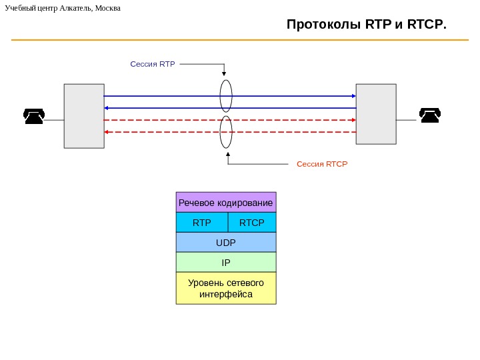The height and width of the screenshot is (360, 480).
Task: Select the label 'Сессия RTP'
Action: tap(152, 65)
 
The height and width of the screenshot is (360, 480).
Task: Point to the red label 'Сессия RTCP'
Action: tap(322, 163)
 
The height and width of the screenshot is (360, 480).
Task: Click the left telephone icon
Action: tap(34, 116)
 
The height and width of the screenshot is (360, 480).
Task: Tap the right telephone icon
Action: tap(429, 116)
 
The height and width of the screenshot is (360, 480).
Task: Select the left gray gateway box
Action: tap(84, 115)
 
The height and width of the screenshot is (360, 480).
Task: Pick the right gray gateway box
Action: tap(376, 113)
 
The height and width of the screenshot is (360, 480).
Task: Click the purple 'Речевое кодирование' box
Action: tap(226, 203)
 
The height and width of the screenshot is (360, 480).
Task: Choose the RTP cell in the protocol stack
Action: tap(201, 222)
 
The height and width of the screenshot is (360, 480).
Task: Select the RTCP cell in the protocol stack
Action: tap(251, 222)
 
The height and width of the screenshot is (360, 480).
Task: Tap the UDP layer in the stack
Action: tap(226, 242)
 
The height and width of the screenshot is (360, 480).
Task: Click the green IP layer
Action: tap(226, 262)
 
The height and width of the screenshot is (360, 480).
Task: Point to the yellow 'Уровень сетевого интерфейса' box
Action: tap(226, 288)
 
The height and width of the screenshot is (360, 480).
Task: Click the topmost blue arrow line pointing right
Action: tap(167, 96)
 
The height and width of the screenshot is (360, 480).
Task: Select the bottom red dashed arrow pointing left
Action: tap(167, 132)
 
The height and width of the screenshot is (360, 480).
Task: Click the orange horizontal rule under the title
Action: tap(240, 40)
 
